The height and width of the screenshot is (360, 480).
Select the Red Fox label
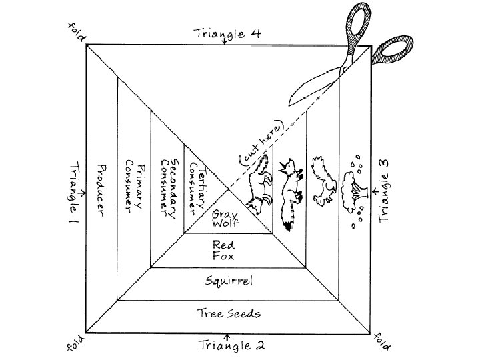(223, 249)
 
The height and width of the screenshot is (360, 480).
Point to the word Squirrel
(228, 281)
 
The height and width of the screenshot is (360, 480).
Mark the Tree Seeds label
(229, 313)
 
